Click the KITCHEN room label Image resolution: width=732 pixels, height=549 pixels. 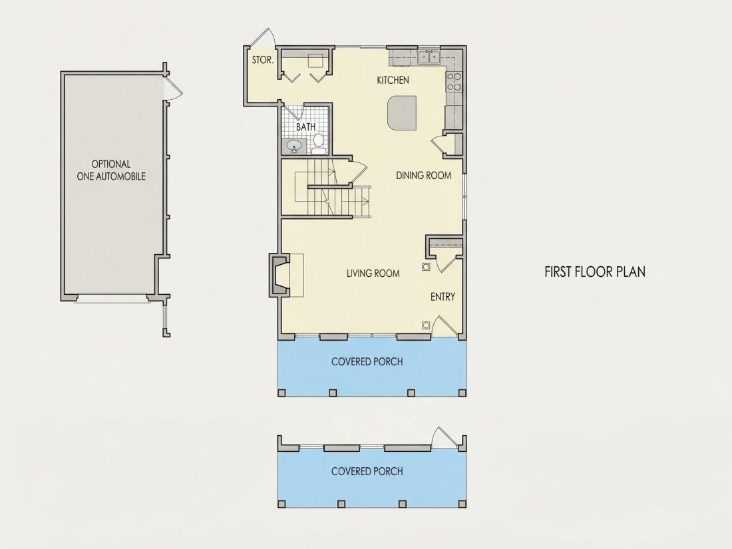click(x=393, y=81)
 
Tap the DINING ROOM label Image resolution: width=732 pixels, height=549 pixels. click(x=423, y=176)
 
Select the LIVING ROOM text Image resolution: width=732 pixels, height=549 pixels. click(x=373, y=274)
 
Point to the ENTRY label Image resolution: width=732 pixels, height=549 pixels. click(x=443, y=297)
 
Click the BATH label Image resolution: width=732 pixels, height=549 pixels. click(x=306, y=127)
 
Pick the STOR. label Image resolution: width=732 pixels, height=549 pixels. click(x=263, y=60)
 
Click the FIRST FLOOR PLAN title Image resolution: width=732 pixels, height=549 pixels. click(x=595, y=272)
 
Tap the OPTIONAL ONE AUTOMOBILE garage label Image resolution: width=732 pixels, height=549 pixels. click(x=111, y=170)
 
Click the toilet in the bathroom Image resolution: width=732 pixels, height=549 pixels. click(x=319, y=143)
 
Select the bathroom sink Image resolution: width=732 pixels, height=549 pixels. click(x=294, y=146)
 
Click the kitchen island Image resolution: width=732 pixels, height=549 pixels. click(x=401, y=113)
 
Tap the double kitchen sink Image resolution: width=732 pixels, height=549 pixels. click(x=429, y=57)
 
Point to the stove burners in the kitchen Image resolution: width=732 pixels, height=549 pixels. click(x=454, y=82)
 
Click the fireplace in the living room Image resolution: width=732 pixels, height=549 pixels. click(x=279, y=275)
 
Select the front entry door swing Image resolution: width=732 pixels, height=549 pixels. click(x=445, y=326)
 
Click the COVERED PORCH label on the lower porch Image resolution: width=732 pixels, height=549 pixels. click(x=367, y=472)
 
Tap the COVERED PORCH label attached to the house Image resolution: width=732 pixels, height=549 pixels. click(x=367, y=362)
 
